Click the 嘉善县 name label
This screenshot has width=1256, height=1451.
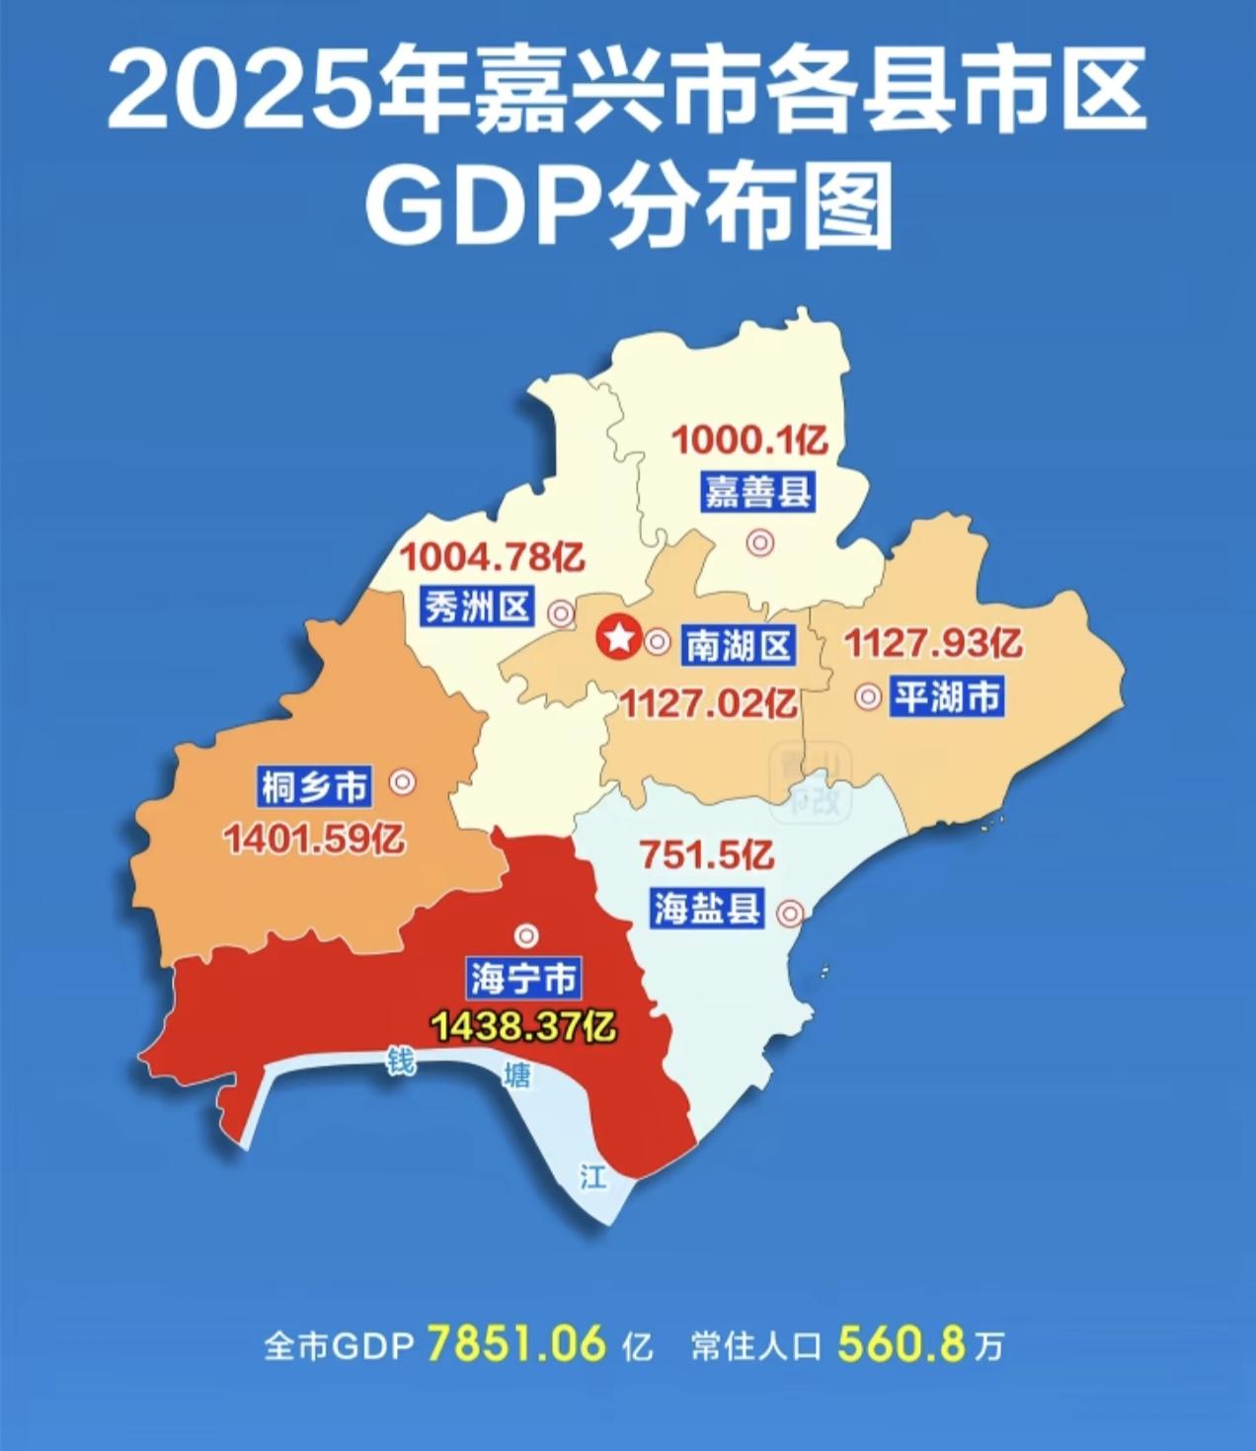point(758,491)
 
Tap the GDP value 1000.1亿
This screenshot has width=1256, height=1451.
point(749,439)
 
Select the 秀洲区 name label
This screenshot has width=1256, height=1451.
point(478,607)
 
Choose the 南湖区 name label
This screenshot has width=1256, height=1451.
point(739,646)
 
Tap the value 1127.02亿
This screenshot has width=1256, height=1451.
point(708,704)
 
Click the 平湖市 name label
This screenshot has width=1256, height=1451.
point(946,697)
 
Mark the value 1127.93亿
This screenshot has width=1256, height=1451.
point(932,644)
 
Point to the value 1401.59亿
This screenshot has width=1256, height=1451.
point(313,841)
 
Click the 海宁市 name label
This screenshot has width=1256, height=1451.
point(523,979)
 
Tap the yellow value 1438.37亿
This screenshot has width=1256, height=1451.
point(522,1027)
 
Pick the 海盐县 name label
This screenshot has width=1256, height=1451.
point(707,907)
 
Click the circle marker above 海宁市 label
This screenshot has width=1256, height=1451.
point(526,934)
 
